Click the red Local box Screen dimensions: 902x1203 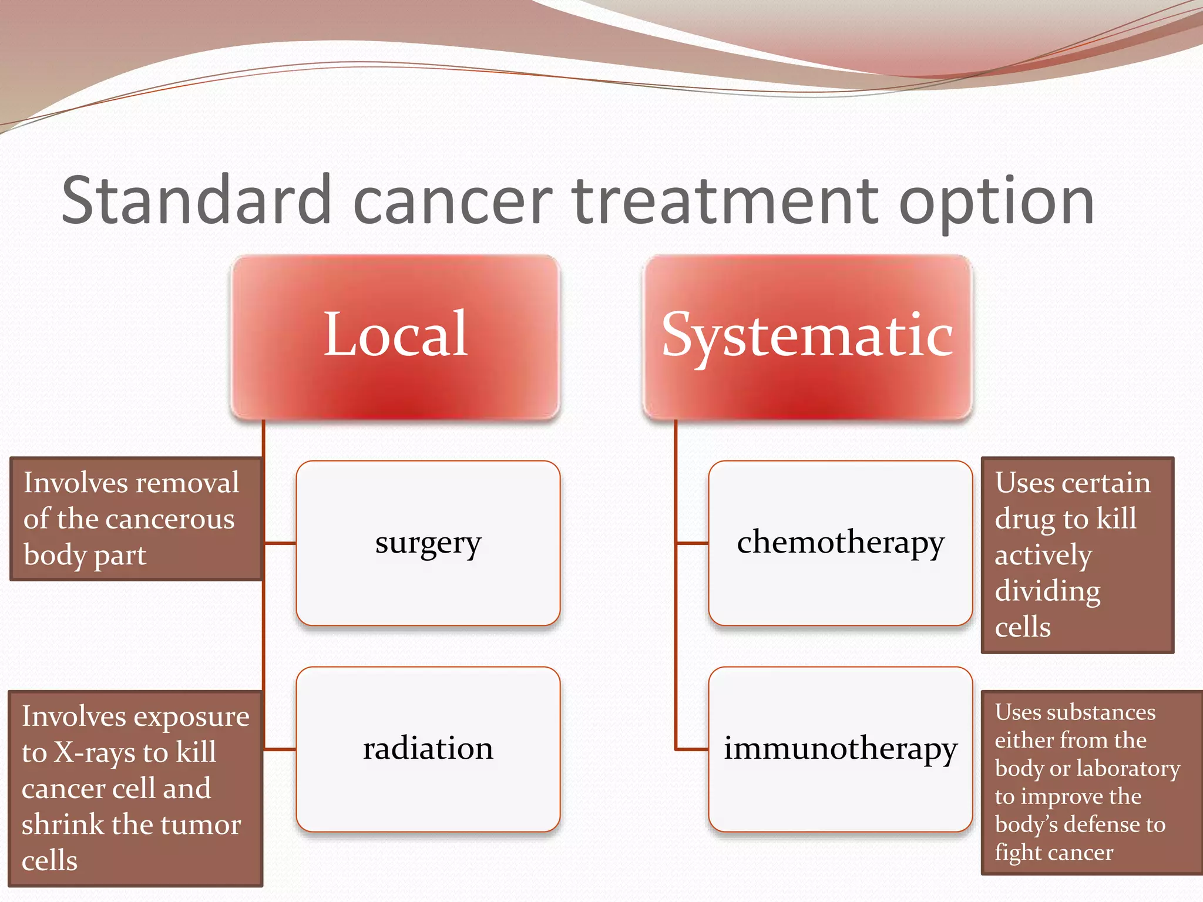(x=395, y=336)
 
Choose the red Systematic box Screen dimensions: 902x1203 (x=807, y=336)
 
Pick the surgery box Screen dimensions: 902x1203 (x=428, y=543)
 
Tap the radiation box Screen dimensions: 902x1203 (x=428, y=749)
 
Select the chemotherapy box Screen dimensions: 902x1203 (x=840, y=543)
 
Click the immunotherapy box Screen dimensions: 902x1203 (x=840, y=749)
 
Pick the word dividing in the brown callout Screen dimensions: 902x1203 (x=1047, y=591)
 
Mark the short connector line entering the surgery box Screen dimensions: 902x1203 (x=280, y=543)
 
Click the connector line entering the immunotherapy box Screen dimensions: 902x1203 (x=692, y=749)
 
